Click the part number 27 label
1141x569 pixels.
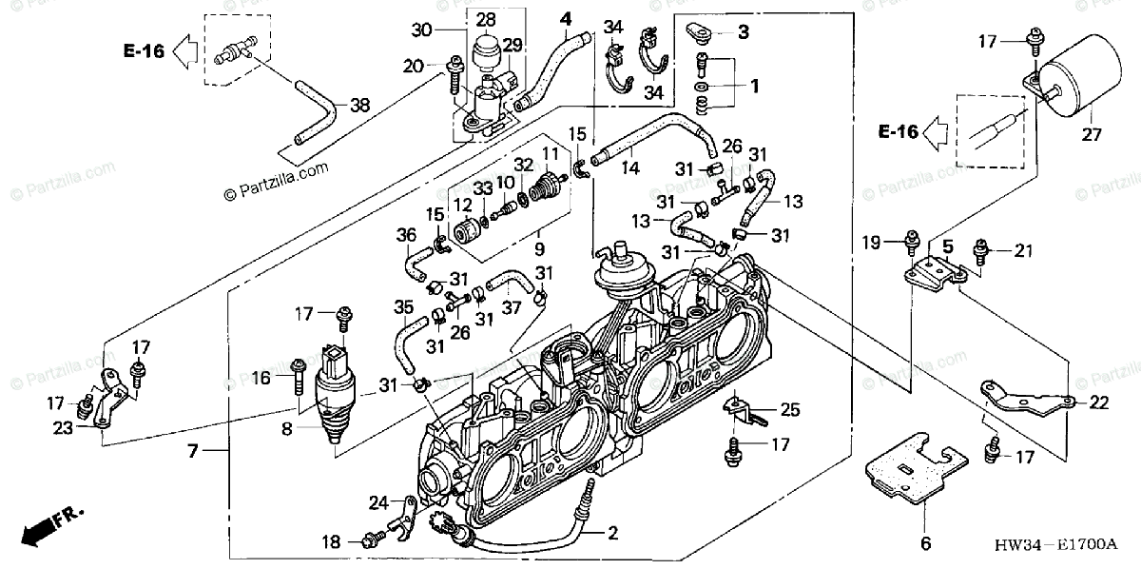(x=1091, y=135)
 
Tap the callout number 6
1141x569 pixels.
(x=922, y=545)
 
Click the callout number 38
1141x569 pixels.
(x=359, y=107)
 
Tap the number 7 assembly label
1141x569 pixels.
(x=193, y=450)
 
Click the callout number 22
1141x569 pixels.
(x=1098, y=403)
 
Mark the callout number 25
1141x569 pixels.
(x=791, y=411)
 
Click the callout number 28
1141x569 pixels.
(x=486, y=19)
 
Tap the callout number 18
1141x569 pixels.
(x=330, y=542)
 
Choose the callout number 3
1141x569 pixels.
(x=743, y=32)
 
